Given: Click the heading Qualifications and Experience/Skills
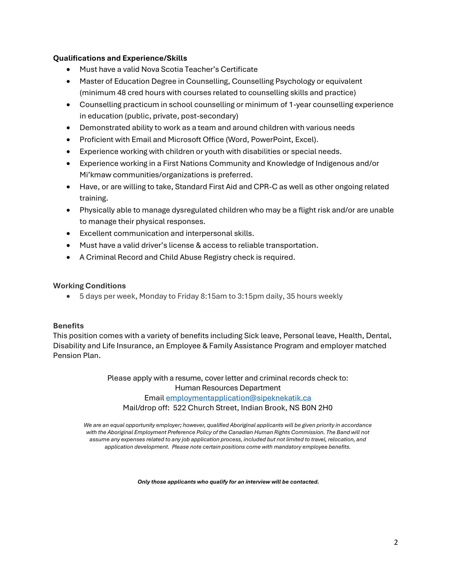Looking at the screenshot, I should coord(120,58).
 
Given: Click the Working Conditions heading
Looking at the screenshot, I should coord(89,286).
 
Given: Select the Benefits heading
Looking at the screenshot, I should coord(68,326).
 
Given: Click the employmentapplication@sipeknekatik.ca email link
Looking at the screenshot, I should coord(238,398).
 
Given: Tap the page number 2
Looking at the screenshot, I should coord(396,542).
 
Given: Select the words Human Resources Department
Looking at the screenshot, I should coord(228,388).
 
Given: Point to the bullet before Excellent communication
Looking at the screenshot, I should coord(68,233).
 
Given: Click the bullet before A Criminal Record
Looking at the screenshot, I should coord(68,257).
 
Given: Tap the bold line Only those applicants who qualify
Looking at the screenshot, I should coord(228,482).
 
